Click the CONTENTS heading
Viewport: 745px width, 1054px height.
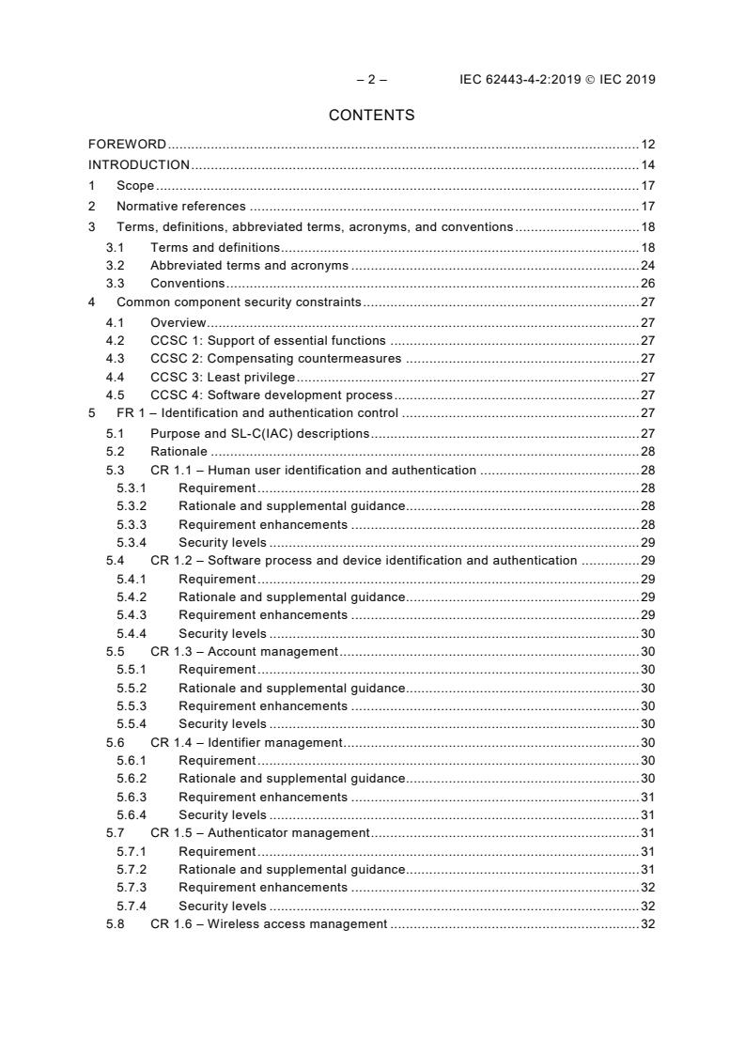click(x=371, y=116)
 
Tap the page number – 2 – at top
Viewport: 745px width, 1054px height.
click(x=371, y=80)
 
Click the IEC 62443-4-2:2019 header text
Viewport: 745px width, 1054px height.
click(x=557, y=80)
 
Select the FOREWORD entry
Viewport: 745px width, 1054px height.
click(x=127, y=145)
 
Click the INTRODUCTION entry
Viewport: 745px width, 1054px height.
click(x=139, y=165)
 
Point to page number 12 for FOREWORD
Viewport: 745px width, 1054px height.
click(x=647, y=145)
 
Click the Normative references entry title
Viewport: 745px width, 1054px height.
click(x=181, y=207)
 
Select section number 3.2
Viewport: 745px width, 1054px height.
click(x=115, y=266)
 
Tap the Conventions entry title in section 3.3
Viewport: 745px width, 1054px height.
click(x=188, y=284)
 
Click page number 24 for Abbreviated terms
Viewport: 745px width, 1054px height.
click(x=647, y=266)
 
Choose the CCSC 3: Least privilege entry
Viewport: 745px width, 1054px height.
click(x=223, y=376)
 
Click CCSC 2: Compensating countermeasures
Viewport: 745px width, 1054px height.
click(x=276, y=358)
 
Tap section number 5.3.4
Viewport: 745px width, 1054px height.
click(x=132, y=542)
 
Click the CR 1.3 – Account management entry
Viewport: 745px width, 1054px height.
click(x=244, y=651)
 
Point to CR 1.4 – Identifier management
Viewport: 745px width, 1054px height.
click(x=247, y=742)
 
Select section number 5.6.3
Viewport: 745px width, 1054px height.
click(x=132, y=797)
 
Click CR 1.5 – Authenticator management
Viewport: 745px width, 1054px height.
click(x=260, y=833)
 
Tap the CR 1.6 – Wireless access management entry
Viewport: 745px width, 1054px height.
click(x=269, y=924)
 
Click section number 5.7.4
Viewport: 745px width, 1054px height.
click(x=132, y=906)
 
